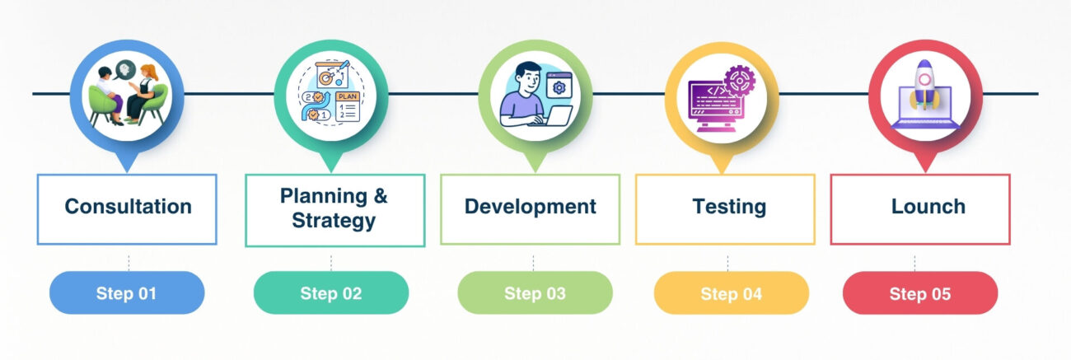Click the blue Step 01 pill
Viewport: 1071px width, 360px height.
(126, 292)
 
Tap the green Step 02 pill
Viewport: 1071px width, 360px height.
(330, 292)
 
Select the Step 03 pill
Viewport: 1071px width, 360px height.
(535, 292)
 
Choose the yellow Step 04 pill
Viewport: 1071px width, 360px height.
(731, 292)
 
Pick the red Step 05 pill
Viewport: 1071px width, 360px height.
(919, 292)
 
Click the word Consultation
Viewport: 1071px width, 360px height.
(128, 206)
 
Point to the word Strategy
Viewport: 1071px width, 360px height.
(334, 221)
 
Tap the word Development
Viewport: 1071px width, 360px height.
(530, 206)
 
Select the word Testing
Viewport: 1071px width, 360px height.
(728, 206)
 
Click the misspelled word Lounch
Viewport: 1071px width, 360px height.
(928, 206)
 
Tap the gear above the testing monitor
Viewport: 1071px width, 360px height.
(738, 81)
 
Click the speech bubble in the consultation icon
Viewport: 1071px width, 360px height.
(124, 71)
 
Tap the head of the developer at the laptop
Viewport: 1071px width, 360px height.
(525, 78)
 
